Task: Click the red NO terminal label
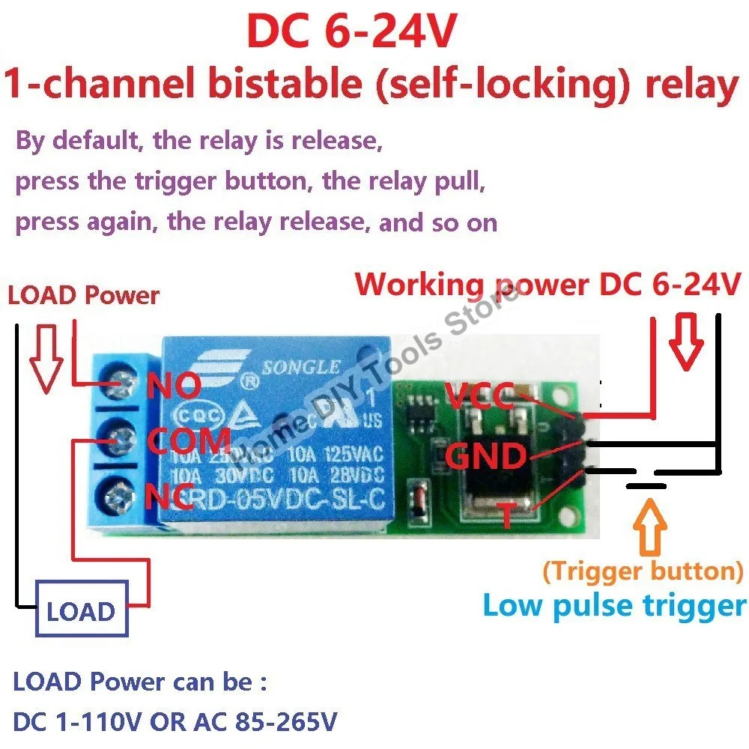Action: click(x=173, y=387)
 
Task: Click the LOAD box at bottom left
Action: click(x=81, y=612)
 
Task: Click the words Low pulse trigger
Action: click(x=614, y=605)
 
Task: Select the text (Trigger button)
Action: click(x=643, y=571)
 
